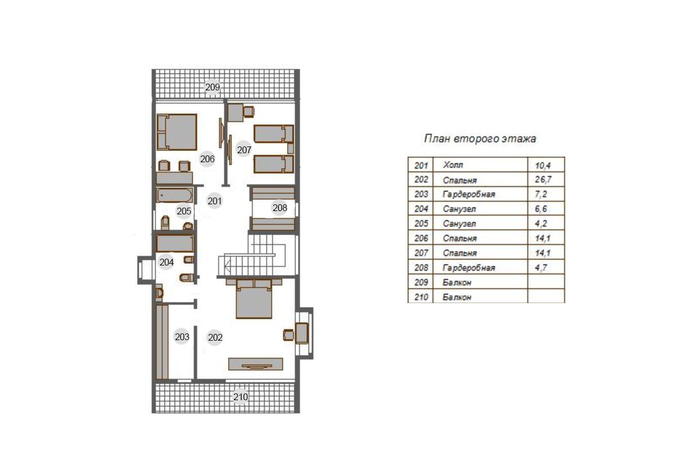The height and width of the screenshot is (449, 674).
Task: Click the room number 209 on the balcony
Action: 212,87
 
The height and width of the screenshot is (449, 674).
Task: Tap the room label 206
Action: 207,159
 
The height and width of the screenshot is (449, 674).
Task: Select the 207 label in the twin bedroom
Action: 244,150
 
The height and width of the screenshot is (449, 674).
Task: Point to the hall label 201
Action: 215,201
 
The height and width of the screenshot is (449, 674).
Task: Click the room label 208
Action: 280,208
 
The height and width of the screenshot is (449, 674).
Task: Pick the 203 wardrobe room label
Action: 182,337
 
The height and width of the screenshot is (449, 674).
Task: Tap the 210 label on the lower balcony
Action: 241,397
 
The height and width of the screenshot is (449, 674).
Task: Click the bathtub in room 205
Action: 174,195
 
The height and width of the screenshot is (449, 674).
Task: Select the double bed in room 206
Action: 177,132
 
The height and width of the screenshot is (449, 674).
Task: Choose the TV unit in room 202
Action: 256,364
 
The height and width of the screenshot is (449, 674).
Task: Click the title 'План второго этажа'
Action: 480,139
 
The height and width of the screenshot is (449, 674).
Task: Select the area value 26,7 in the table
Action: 543,180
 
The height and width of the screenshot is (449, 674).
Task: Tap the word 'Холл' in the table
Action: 453,165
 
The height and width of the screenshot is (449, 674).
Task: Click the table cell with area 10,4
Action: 546,165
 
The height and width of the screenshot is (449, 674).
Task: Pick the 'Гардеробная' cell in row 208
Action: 480,267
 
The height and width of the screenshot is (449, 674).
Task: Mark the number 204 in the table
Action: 421,209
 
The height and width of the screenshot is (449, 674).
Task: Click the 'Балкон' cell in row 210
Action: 480,297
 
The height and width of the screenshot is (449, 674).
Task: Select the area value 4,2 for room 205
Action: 541,223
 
